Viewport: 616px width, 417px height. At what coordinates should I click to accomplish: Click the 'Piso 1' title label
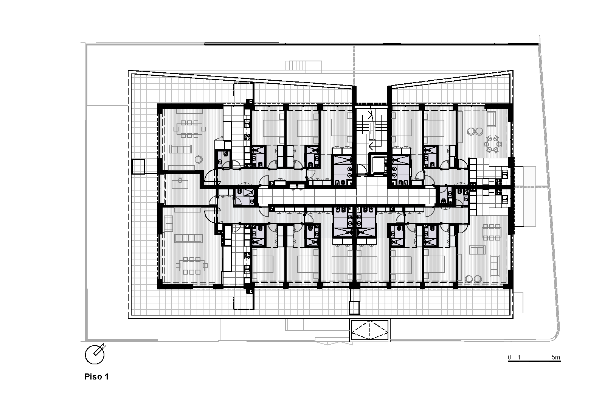tap(96, 377)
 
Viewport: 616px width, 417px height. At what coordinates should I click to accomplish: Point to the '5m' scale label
tap(555, 357)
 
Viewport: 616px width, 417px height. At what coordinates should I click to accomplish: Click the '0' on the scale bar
tap(510, 357)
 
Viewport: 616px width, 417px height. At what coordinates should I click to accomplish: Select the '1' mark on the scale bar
tap(519, 357)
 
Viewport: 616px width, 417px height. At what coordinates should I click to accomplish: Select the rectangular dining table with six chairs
tap(492, 232)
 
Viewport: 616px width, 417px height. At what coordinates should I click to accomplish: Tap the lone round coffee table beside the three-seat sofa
tap(199, 159)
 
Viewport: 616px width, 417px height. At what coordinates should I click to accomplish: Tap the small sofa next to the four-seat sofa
tap(169, 223)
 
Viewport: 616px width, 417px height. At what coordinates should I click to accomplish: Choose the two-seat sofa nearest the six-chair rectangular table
tap(477, 250)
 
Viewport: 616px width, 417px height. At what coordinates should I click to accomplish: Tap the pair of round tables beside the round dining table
tap(475, 131)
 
